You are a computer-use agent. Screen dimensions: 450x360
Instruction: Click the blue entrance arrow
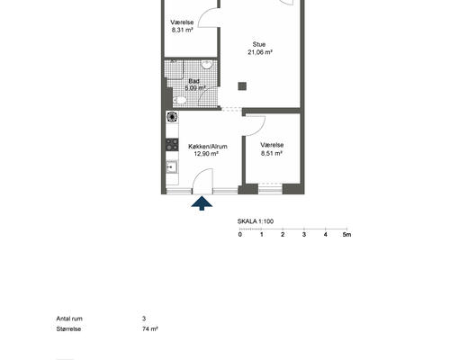(x=202, y=203)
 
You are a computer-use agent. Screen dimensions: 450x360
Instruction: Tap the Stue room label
(x=259, y=44)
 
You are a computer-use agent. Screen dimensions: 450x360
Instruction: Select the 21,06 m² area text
(x=260, y=52)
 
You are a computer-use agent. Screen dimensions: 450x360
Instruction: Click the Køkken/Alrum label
(x=208, y=147)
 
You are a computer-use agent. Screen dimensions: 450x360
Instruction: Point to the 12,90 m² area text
(x=206, y=154)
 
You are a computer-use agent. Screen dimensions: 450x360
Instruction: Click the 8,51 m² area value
(x=272, y=153)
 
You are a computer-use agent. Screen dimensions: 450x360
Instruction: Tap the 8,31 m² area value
(x=182, y=30)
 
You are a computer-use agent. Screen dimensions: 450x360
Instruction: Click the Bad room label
(x=193, y=81)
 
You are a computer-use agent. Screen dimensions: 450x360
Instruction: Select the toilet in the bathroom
(x=179, y=100)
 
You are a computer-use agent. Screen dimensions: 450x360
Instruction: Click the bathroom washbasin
(x=207, y=65)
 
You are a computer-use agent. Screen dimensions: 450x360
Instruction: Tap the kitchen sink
(x=172, y=167)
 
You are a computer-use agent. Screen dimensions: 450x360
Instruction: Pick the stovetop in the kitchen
(x=172, y=145)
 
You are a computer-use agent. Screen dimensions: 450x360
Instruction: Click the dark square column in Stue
(x=242, y=86)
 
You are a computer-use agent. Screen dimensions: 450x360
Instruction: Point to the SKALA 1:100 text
(x=256, y=221)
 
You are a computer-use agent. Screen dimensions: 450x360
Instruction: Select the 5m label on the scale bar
(x=346, y=235)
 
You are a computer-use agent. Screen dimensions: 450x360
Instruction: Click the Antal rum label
(x=69, y=319)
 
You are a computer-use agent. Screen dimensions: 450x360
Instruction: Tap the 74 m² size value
(x=150, y=328)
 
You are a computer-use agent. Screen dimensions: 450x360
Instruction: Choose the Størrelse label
(x=68, y=328)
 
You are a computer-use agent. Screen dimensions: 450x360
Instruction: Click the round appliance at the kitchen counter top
(x=172, y=117)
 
